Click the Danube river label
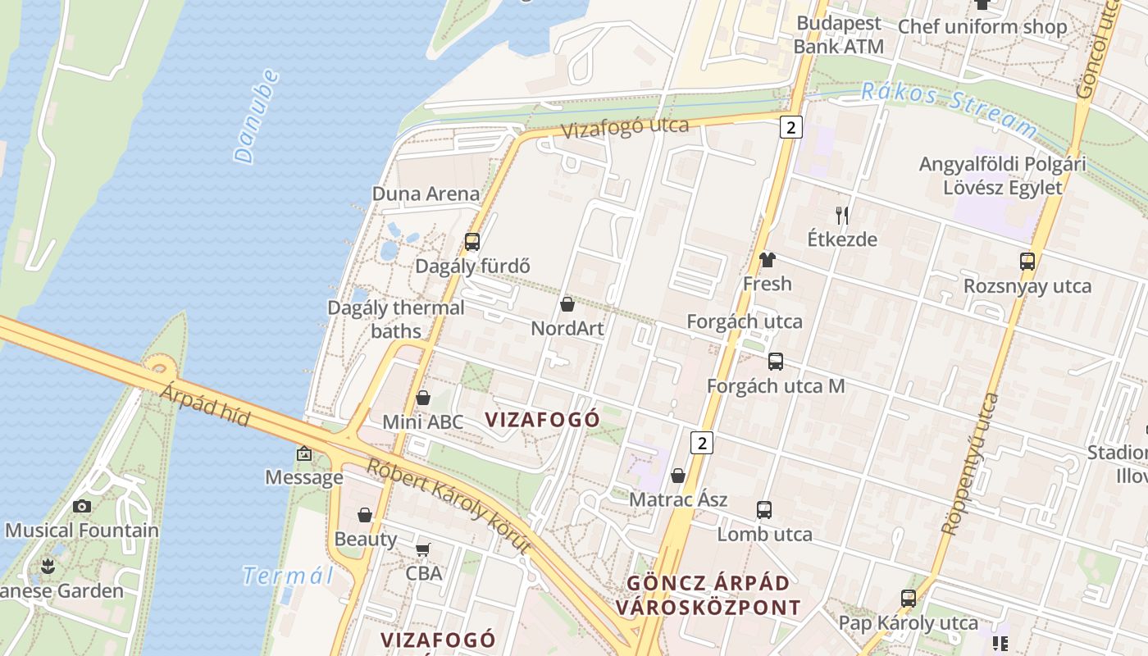click(x=256, y=116)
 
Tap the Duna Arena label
click(x=426, y=194)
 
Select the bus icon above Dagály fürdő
click(x=471, y=242)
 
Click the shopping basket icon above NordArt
click(x=567, y=305)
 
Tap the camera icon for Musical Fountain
click(x=81, y=506)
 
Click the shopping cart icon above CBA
click(x=423, y=549)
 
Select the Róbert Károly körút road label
click(x=449, y=508)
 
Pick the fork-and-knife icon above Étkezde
click(x=841, y=216)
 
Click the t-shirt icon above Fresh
click(x=767, y=260)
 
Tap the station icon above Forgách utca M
click(x=775, y=362)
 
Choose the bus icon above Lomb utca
click(x=763, y=510)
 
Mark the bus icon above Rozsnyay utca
click(x=1027, y=262)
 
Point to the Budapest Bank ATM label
click(x=838, y=34)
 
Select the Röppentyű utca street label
click(x=969, y=464)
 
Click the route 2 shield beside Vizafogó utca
click(x=790, y=127)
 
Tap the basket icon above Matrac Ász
click(x=678, y=476)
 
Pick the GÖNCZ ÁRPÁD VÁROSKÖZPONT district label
click(x=708, y=595)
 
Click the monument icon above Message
click(x=304, y=453)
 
